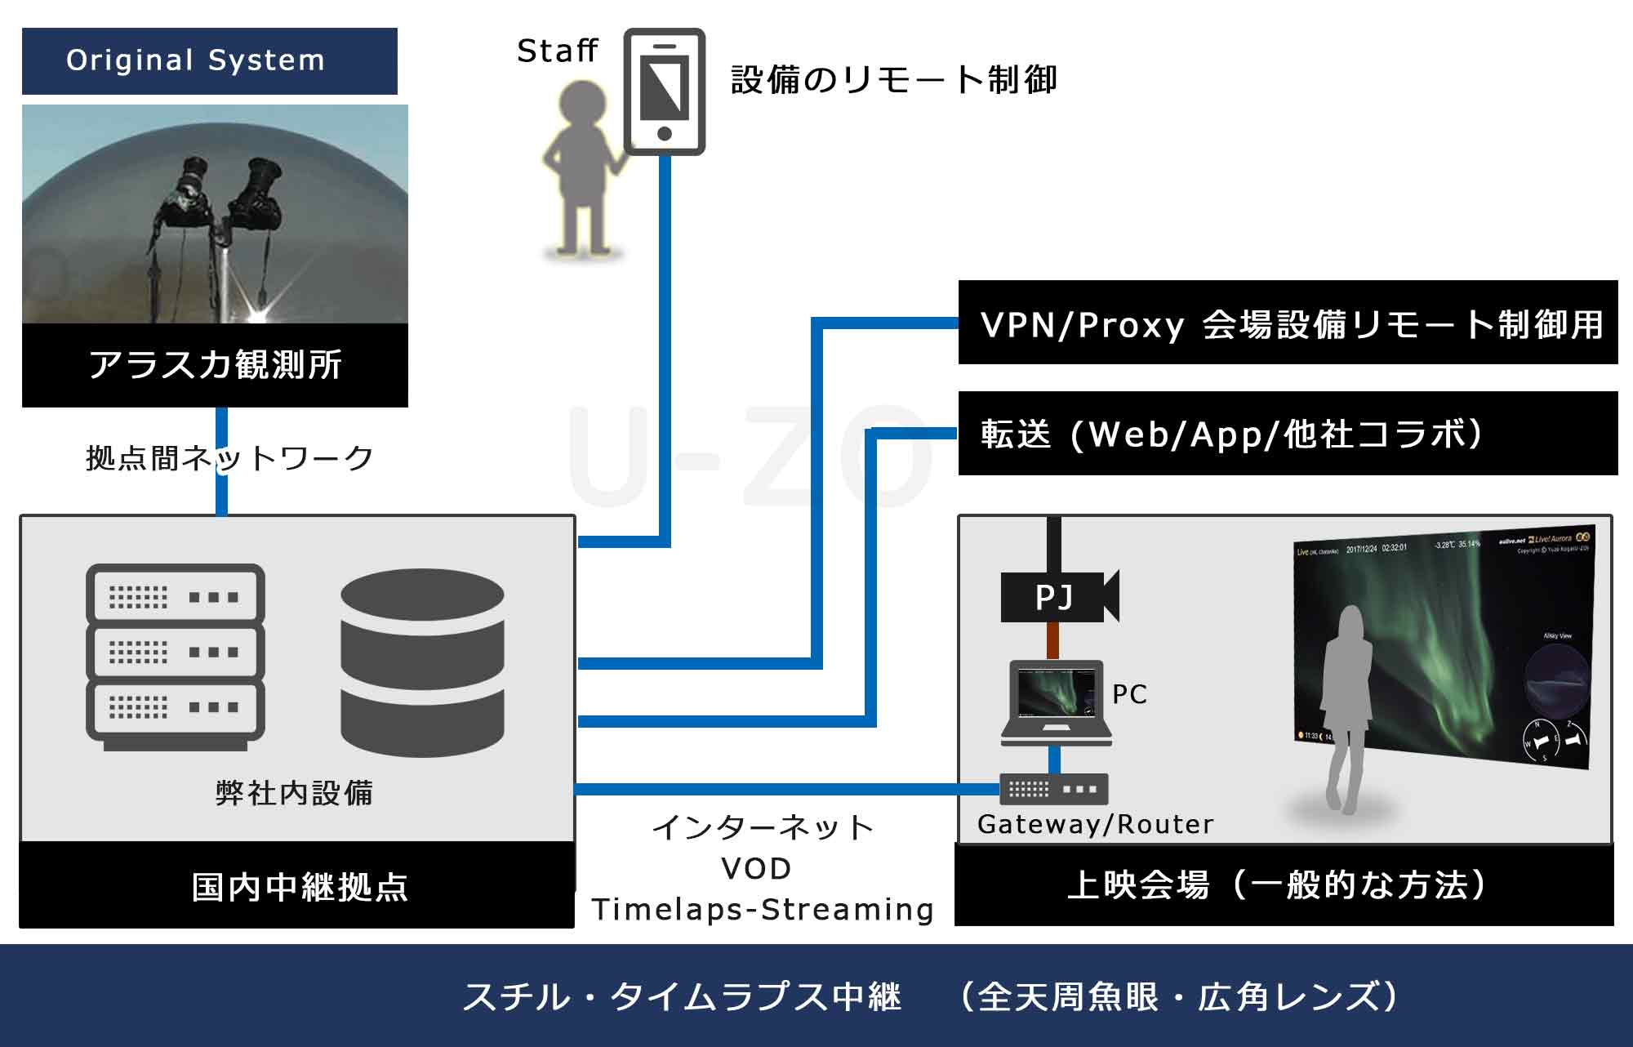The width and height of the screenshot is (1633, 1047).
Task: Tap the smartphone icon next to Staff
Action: [x=664, y=91]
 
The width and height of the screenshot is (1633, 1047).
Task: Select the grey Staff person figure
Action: [x=581, y=167]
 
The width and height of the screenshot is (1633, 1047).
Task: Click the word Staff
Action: [x=558, y=51]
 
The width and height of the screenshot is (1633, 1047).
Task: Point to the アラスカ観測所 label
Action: [x=215, y=365]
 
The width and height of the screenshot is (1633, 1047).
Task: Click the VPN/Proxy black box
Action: [x=1288, y=323]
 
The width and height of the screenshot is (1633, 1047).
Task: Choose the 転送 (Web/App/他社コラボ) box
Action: [x=1288, y=434]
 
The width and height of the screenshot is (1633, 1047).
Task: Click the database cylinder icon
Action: [x=422, y=662]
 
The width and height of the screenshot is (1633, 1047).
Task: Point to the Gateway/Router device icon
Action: [x=1054, y=789]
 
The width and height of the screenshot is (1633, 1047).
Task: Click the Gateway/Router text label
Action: [x=1095, y=825]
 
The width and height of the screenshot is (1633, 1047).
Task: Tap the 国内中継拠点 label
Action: [x=299, y=887]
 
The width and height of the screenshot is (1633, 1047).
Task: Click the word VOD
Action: [x=757, y=869]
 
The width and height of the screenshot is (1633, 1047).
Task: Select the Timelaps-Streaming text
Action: [x=763, y=910]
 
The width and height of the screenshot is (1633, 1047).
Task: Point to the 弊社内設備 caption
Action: [x=294, y=793]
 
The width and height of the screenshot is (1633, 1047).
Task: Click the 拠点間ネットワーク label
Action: [x=229, y=458]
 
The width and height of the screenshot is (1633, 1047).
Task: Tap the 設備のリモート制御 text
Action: [x=894, y=80]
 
